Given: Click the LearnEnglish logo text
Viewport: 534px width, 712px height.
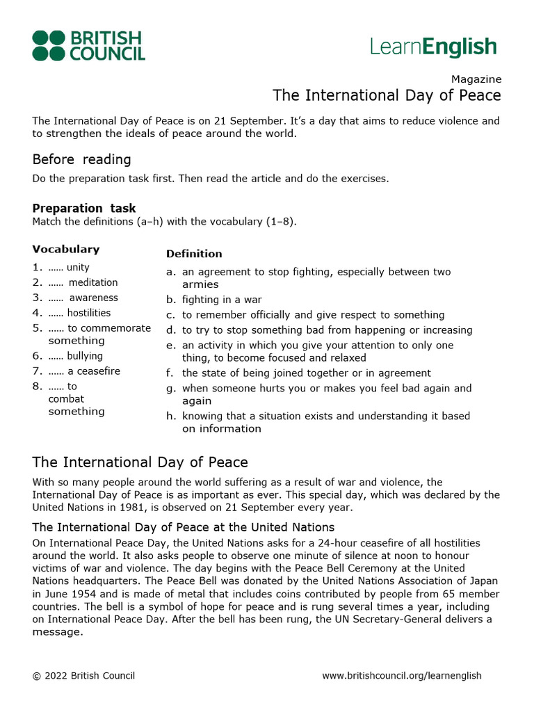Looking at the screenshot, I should click(433, 47).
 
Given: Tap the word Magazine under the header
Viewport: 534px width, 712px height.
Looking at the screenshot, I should click(476, 79).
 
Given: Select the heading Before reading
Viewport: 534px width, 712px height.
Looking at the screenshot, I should click(81, 159).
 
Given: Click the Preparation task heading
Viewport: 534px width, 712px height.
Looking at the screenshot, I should click(84, 209).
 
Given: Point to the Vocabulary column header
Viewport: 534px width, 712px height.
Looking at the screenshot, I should click(66, 249).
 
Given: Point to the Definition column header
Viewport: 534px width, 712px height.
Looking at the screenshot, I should click(194, 254).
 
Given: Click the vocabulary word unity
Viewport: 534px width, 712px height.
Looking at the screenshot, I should click(78, 267).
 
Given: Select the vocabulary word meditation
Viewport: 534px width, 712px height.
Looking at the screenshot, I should click(93, 282).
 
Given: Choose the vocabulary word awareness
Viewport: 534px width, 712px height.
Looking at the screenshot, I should click(94, 298).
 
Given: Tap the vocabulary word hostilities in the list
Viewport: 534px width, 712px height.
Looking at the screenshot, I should click(89, 313).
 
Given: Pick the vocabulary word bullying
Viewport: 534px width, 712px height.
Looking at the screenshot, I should click(85, 356).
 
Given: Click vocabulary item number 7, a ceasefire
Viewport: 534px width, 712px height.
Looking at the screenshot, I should click(93, 371).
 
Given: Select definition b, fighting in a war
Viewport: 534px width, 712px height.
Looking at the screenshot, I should click(222, 300).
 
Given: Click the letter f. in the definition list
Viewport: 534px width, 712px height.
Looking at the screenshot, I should click(170, 373).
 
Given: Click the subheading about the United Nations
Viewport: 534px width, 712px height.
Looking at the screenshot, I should click(184, 527).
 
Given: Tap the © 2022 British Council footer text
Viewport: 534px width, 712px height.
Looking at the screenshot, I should click(83, 676).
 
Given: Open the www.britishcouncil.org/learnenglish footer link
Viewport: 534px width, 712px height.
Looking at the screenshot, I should click(401, 676).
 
